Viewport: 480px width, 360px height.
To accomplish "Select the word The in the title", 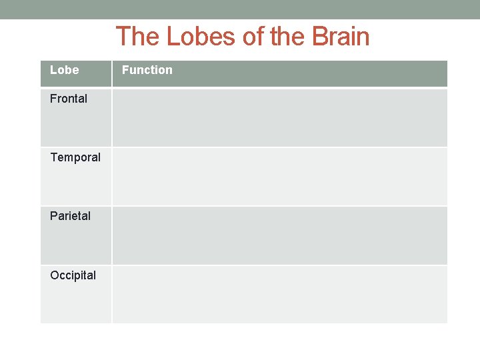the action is point(139,36).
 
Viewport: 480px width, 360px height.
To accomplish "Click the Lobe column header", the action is point(64,70).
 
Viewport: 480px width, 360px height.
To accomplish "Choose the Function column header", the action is point(147,70).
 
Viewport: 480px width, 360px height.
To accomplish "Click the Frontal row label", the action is point(69,99).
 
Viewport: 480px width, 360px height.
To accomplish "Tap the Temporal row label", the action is point(75,157).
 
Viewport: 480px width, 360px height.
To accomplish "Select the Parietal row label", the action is point(70,216).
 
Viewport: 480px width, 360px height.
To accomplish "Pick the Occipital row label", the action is point(73,275).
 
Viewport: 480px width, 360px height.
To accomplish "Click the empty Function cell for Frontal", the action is point(279,117).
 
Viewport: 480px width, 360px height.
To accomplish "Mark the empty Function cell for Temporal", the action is point(279,176).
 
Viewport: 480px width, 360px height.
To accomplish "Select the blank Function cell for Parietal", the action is point(279,235).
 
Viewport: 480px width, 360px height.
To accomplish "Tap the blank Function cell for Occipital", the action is point(279,294).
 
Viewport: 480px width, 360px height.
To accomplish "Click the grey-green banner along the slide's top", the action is point(240,9).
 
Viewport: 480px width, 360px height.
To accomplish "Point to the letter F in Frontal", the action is point(53,99).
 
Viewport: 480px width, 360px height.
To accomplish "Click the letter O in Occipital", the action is point(54,275).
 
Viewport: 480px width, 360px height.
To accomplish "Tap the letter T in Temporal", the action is point(53,157).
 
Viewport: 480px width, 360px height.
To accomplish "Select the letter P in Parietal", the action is point(53,216).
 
